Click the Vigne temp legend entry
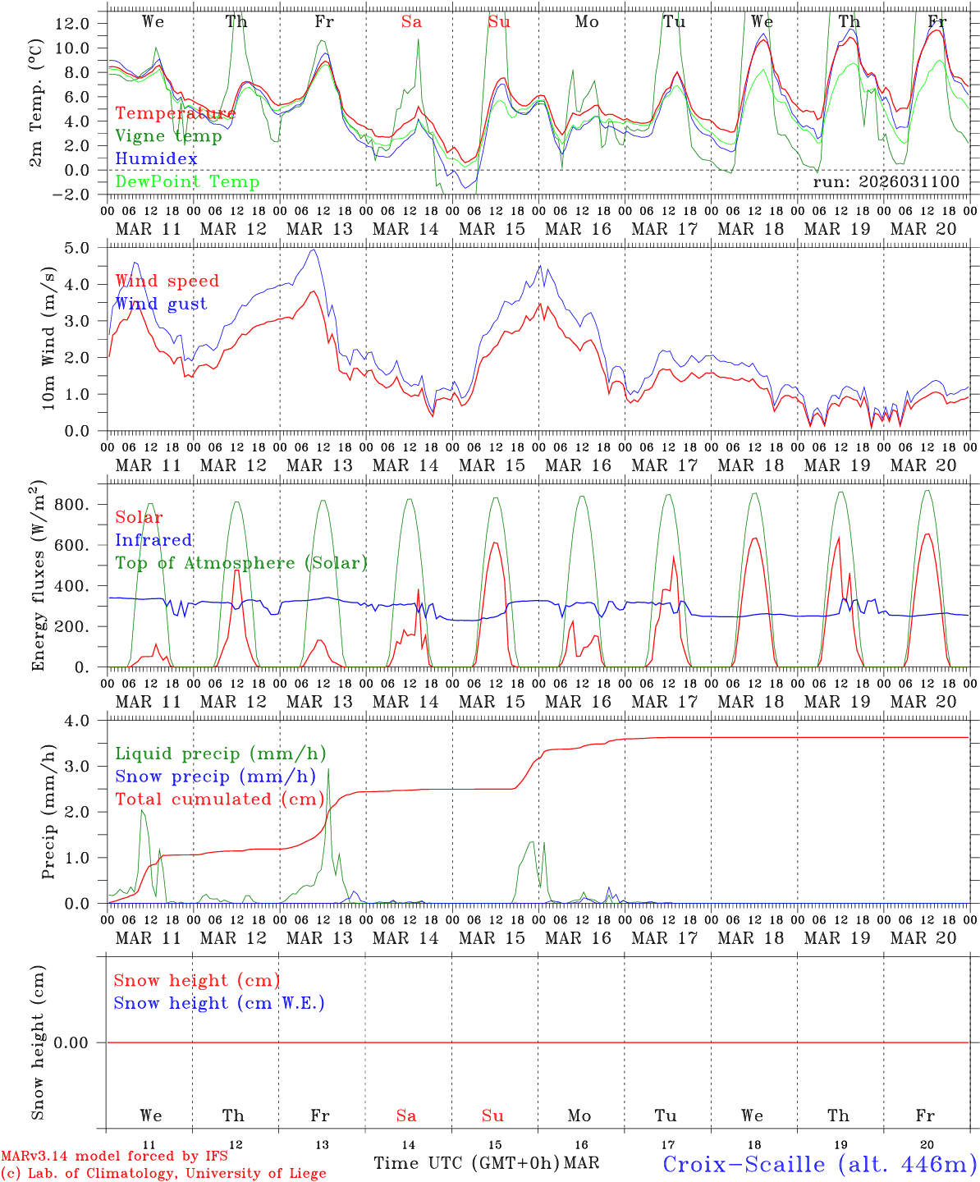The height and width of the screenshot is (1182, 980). coord(168,136)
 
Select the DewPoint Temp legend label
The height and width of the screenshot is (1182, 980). coord(187,182)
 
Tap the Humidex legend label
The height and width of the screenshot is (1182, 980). coord(156,159)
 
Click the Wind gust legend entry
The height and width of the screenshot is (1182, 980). coord(161,304)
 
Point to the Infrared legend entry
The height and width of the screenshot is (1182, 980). coord(153,540)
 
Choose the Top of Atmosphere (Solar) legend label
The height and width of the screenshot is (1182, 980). coord(241,563)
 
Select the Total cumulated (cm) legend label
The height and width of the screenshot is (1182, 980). coord(220,799)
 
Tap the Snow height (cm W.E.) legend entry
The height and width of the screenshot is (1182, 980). coord(219,1003)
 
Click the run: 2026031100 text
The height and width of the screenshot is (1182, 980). coord(886,182)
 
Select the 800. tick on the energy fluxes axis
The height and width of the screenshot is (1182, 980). coord(71,504)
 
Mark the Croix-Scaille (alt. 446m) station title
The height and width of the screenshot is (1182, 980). coord(819,1164)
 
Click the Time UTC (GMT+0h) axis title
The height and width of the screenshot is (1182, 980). coord(466,1163)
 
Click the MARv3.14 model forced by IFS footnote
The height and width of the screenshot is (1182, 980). coord(114,1157)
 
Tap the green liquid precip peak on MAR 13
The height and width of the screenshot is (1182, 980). coord(328,769)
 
